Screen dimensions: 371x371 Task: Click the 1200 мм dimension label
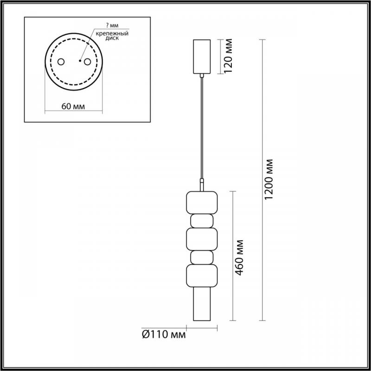click(269, 179)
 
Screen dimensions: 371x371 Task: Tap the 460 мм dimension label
click(239, 258)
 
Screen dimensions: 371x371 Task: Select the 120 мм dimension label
click(228, 56)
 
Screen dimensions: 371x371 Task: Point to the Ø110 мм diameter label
click(164, 334)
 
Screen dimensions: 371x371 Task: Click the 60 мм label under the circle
click(73, 107)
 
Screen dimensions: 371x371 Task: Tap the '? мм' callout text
click(112, 26)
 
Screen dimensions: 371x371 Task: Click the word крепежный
click(112, 33)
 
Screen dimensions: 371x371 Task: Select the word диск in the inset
click(112, 38)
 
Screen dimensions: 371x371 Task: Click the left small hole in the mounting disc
click(61, 62)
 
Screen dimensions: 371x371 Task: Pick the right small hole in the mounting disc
click(87, 62)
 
